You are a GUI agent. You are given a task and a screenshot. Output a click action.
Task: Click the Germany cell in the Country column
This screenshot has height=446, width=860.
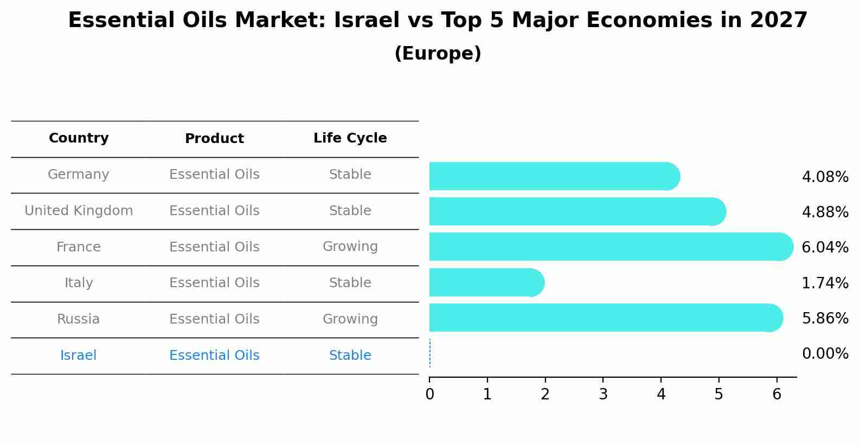(79, 174)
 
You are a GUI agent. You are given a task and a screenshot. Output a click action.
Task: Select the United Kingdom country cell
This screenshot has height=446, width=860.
(79, 211)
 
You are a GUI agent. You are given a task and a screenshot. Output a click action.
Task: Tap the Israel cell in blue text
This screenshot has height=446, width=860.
(79, 355)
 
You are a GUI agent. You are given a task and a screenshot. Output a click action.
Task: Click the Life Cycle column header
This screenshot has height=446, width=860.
(350, 138)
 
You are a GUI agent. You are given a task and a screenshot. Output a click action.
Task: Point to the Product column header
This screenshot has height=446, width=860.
(214, 139)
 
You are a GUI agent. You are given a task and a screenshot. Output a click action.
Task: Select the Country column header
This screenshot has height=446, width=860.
(79, 138)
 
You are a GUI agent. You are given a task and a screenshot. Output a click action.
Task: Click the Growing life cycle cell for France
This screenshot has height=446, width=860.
(350, 247)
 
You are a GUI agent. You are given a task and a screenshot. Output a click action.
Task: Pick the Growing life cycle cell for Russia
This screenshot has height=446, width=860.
(350, 319)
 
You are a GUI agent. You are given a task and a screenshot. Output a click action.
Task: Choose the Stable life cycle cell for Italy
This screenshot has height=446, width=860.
(350, 283)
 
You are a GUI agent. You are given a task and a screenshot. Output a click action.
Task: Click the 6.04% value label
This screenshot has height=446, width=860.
(824, 248)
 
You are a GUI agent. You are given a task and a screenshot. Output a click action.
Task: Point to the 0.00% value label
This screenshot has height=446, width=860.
(824, 354)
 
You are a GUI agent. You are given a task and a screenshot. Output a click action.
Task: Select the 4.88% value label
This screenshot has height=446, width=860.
(824, 212)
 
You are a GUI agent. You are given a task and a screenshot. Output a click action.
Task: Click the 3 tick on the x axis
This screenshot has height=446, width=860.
(603, 395)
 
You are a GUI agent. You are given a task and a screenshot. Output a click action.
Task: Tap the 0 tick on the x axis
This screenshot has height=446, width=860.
(429, 395)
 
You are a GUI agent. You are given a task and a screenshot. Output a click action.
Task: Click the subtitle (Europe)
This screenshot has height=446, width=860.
(438, 54)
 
